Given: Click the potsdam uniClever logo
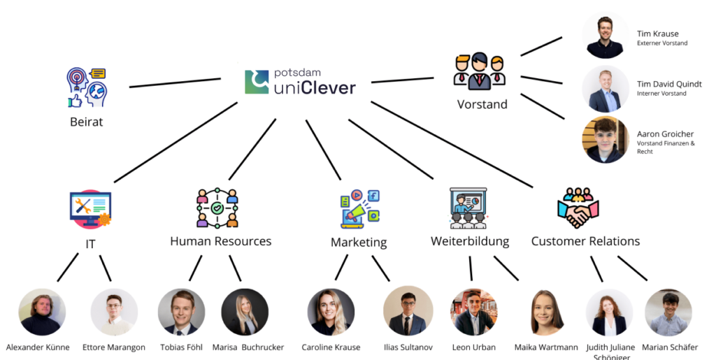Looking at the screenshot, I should click(300, 82).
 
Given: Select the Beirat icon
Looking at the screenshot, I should click(86, 87).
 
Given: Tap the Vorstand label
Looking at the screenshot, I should click(482, 105).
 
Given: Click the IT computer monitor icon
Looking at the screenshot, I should click(90, 208).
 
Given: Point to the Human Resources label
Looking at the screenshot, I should click(220, 241).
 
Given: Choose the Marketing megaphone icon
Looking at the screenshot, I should click(359, 209).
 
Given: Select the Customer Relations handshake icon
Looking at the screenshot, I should click(578, 208).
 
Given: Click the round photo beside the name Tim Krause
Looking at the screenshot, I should click(606, 36).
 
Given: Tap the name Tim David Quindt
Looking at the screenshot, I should click(669, 84).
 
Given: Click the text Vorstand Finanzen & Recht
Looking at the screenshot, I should click(665, 147).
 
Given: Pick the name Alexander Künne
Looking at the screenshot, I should click(38, 347).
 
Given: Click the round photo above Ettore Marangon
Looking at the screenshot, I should click(115, 312).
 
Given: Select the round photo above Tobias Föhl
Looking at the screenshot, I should click(181, 312).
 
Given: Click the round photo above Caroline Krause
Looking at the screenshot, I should click(331, 312).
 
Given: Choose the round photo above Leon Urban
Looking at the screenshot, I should click(473, 312).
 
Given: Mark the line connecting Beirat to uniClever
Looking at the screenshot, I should click(175, 83).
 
